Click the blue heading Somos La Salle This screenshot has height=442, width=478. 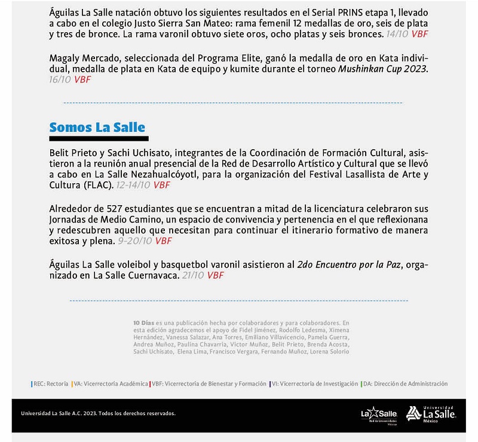97,127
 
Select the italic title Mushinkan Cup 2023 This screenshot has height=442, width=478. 384,69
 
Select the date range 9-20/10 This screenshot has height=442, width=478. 134,242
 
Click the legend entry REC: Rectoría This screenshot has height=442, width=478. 50,384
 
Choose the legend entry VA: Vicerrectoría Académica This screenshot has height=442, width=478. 110,384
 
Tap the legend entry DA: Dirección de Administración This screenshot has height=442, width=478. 405,384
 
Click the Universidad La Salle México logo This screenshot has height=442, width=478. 431,413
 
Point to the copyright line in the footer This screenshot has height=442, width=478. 98,413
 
